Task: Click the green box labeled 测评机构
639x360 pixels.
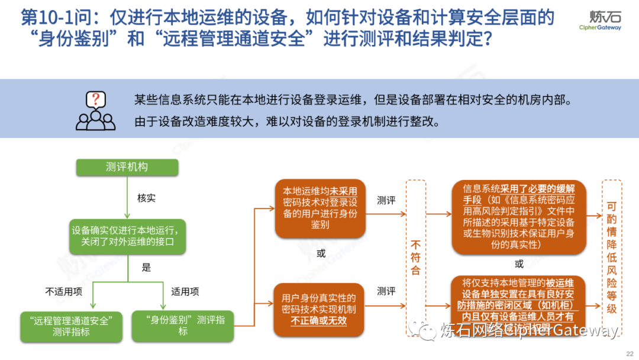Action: tap(127, 168)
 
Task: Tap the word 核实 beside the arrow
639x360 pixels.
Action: tap(146, 198)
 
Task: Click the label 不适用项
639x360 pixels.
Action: tap(64, 291)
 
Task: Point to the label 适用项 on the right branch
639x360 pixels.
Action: tap(185, 291)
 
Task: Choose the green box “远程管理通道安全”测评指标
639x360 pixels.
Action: tap(71, 326)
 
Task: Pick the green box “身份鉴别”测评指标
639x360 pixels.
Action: tap(182, 326)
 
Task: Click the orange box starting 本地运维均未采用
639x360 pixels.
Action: tap(320, 208)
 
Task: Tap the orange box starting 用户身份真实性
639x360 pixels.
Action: tap(319, 308)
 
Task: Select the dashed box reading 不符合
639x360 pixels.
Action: tap(416, 258)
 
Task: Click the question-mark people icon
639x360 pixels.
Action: tap(96, 111)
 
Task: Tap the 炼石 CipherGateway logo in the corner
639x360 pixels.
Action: tap(601, 20)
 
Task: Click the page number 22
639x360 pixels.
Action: tap(628, 353)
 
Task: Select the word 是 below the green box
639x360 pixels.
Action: tap(146, 267)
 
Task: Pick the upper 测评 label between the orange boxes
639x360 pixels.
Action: tap(386, 201)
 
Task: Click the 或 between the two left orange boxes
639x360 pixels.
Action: tap(320, 253)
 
